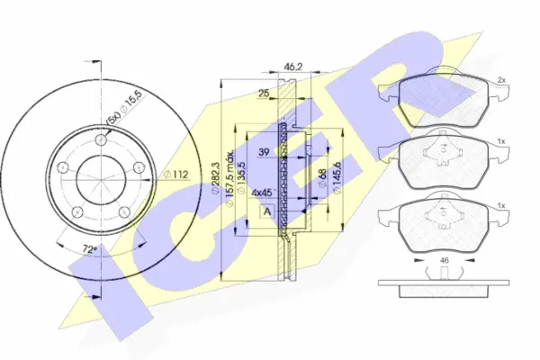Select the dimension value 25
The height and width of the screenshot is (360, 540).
coord(264,94)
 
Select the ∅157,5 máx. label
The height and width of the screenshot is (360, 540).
coord(232,178)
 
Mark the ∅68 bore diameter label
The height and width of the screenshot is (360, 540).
coord(321,178)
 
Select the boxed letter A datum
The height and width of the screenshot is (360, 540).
coord(267,211)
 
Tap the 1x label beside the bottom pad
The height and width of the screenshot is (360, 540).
coord(500,208)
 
